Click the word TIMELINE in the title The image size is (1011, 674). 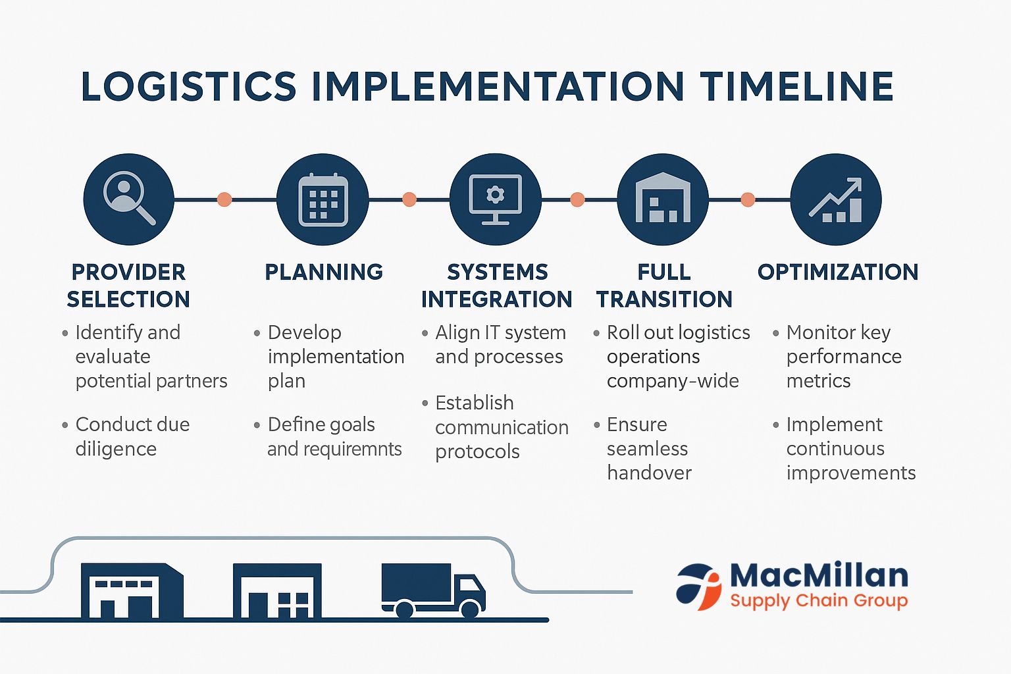796,87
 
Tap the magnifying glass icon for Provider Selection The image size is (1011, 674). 128,199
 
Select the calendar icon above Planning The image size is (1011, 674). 323,199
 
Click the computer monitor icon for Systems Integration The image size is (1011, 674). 495,199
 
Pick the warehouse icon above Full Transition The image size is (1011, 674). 663,199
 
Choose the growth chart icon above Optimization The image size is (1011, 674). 836,199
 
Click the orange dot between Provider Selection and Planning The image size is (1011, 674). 224,199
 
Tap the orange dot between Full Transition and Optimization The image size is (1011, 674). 748,199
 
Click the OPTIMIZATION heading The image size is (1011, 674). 837,272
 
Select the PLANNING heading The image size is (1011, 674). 323,272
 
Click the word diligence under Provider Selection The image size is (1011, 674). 116,449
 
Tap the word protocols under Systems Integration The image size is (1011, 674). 477,452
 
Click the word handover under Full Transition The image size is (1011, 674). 649,473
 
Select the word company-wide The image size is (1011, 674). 672,381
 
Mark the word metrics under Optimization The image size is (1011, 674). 818,381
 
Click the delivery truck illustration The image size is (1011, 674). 431,588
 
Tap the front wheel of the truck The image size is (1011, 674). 470,609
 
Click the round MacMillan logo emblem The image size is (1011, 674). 699,586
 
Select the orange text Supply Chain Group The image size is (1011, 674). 818,601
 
